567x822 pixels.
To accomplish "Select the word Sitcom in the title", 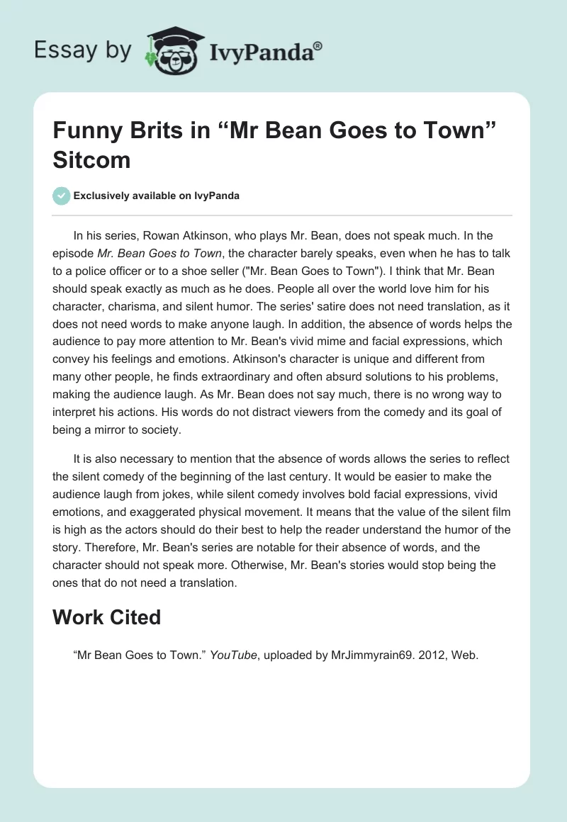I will pyautogui.click(x=91, y=160).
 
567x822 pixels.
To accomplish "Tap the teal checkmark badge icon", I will pyautogui.click(x=62, y=196).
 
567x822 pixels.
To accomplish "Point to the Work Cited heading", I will pyautogui.click(x=106, y=617).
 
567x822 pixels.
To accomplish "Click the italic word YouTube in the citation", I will pyautogui.click(x=233, y=655).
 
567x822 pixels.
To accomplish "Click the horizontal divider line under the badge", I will pyautogui.click(x=283, y=215).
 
